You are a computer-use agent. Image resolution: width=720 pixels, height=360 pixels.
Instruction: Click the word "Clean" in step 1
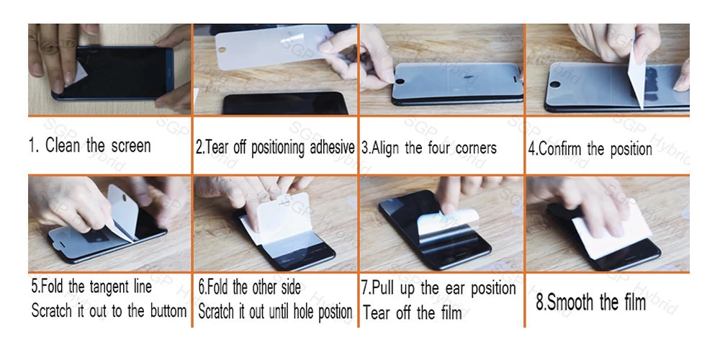[x=63, y=145]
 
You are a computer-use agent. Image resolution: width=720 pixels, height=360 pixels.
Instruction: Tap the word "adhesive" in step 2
[x=332, y=148]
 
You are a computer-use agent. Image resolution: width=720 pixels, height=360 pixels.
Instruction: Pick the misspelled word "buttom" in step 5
[x=168, y=311]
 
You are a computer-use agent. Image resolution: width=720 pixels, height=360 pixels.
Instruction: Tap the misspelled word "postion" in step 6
[x=336, y=312]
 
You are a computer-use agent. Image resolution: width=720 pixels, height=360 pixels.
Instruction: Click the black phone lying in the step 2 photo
[x=285, y=103]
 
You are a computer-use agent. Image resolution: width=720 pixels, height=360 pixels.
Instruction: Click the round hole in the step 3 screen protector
[x=400, y=82]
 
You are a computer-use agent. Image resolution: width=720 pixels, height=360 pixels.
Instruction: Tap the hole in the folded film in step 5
[x=125, y=197]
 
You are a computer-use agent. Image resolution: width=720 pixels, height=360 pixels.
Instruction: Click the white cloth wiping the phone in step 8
[x=611, y=233]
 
